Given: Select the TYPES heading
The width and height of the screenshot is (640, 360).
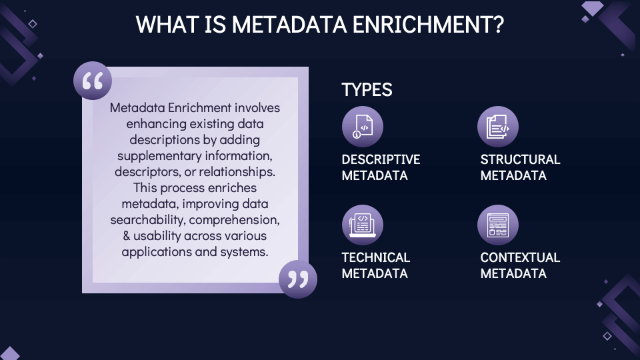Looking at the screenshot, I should click(367, 90).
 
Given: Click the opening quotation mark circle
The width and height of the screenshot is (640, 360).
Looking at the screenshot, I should click(93, 81).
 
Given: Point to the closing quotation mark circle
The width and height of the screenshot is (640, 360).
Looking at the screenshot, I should click(297, 279).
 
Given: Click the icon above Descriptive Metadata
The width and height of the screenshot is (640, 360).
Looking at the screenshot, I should click(362, 127).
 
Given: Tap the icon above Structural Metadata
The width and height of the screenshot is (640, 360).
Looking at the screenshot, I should click(498, 127).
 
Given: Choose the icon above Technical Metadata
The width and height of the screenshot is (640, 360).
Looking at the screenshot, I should click(362, 225).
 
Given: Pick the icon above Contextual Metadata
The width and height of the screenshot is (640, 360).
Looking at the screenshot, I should click(498, 225).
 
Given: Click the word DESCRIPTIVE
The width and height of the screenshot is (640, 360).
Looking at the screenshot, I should click(381, 159).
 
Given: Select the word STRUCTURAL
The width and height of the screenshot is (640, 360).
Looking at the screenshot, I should click(520, 159).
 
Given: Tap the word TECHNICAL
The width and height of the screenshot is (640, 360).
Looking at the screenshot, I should click(375, 257).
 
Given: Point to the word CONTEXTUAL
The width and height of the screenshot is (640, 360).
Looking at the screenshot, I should click(520, 257).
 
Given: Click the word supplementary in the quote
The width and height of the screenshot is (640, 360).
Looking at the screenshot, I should click(157, 155).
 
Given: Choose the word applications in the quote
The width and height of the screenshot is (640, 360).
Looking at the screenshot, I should click(155, 251).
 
